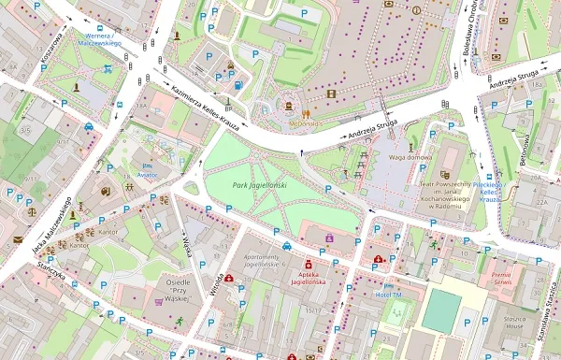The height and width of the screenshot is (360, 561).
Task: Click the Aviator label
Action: [148, 175]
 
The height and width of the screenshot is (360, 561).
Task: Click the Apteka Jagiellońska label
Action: [308, 276]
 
